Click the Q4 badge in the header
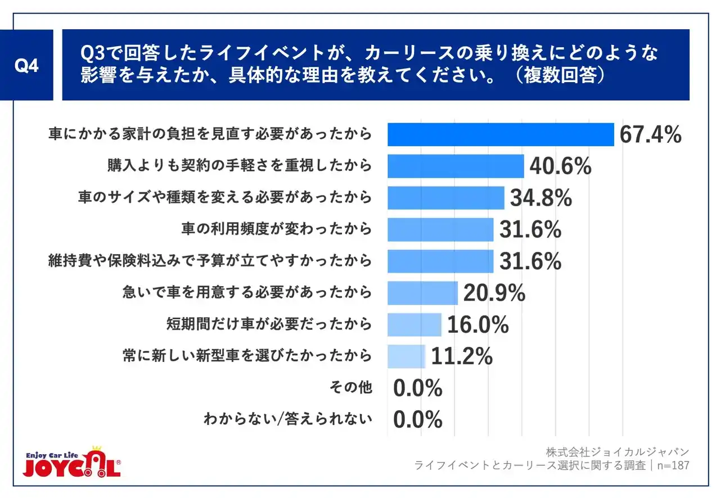26,65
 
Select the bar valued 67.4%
501,135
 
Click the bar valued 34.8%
446,198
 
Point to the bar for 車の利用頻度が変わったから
440,229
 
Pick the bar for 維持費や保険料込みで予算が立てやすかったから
440,261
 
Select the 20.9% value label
494,293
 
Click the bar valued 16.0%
415,324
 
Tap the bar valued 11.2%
407,356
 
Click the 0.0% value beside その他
418,388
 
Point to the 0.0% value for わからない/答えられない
418,420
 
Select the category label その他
351,388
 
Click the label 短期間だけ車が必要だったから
269,324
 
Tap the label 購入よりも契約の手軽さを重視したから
240,166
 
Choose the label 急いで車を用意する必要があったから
247,293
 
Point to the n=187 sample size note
672,466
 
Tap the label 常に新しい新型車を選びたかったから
247,356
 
